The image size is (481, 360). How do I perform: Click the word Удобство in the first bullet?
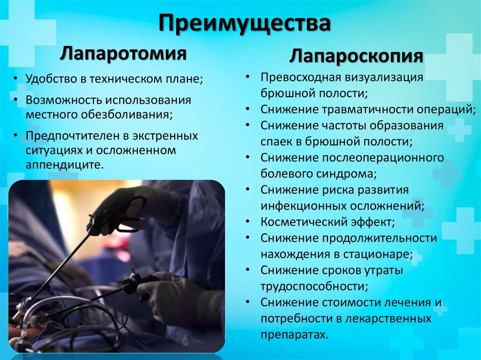[51, 79]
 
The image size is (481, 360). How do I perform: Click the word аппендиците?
[63, 166]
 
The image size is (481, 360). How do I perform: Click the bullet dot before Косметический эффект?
[248, 222]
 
